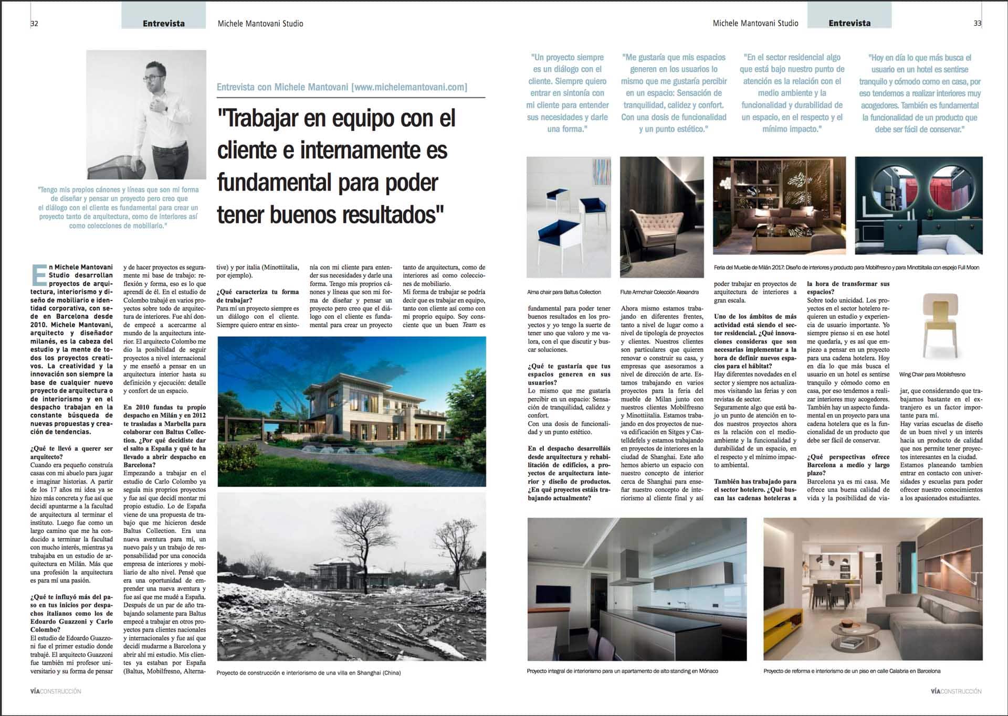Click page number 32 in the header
(34, 24)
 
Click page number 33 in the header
(977, 24)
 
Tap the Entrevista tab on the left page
(163, 24)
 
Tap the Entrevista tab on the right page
(849, 23)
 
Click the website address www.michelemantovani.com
(411, 87)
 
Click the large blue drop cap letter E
(39, 275)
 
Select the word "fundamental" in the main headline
(275, 183)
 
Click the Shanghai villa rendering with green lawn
(351, 411)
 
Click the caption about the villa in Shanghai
(308, 672)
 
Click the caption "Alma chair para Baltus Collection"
(564, 292)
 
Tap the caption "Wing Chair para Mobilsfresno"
(932, 375)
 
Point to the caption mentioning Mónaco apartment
(622, 671)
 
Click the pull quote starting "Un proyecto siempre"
(568, 93)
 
